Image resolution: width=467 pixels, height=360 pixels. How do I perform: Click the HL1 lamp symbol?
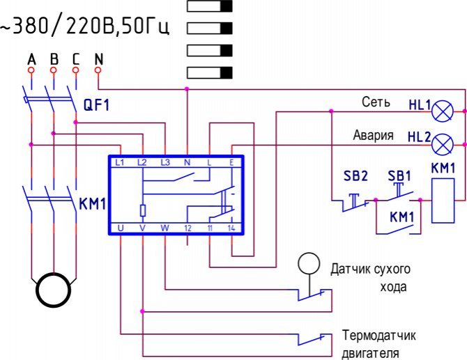click(x=443, y=111)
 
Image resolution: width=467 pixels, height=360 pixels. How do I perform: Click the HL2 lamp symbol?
click(x=443, y=145)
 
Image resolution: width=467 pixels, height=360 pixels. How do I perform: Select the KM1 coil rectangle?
click(x=443, y=201)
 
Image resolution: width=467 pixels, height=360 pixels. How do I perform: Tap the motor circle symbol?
click(x=54, y=290)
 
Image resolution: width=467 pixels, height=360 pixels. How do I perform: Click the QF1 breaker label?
click(x=96, y=105)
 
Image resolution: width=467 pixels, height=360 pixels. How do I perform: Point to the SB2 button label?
click(x=355, y=175)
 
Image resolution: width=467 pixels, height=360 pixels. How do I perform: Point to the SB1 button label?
click(x=399, y=176)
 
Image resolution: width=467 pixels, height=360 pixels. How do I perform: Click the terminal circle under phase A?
click(x=31, y=70)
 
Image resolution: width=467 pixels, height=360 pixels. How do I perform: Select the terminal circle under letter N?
click(x=98, y=70)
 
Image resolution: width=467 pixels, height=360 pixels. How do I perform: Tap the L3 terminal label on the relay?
click(x=165, y=162)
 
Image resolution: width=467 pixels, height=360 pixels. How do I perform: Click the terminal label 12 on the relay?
click(x=187, y=228)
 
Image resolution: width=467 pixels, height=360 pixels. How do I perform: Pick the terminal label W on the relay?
click(x=165, y=228)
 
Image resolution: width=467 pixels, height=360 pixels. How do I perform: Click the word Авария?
click(x=373, y=135)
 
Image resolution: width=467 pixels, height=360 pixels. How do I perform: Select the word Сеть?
click(x=376, y=102)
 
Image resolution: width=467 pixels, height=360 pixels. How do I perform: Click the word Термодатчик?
click(x=378, y=336)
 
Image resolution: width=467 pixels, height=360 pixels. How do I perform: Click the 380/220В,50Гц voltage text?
click(x=85, y=26)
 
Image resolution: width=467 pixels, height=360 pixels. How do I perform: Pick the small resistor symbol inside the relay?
click(x=143, y=211)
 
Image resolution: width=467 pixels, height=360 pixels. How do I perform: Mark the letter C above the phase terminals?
click(x=76, y=59)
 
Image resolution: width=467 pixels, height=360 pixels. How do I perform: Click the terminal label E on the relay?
click(x=231, y=162)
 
